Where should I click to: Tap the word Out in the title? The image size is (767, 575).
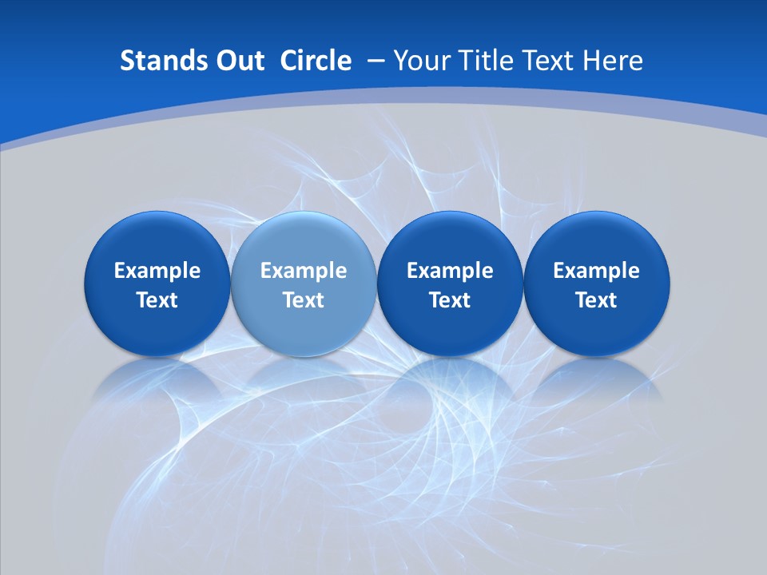[x=237, y=61]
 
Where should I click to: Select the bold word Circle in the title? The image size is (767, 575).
[x=316, y=61]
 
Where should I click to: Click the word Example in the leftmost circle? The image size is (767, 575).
[x=157, y=271]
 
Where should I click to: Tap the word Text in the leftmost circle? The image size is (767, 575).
[x=157, y=300]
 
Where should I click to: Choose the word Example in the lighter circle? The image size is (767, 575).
[x=304, y=271]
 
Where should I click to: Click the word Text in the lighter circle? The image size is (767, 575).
[x=304, y=300]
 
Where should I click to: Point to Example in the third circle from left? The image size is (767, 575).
[x=450, y=271]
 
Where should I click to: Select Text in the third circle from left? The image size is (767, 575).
[x=450, y=300]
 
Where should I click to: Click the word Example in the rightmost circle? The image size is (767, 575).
[x=597, y=271]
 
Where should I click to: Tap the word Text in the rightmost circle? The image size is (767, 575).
[x=597, y=300]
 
